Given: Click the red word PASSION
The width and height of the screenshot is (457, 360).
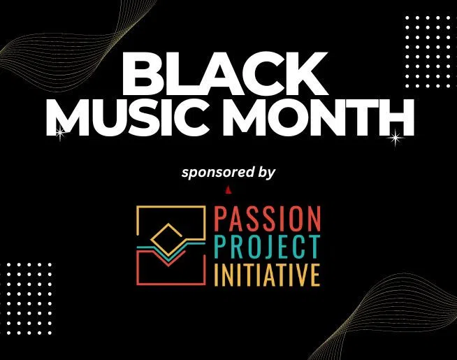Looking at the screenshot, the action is click(x=268, y=218).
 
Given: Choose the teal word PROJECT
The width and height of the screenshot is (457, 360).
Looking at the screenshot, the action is click(x=268, y=247).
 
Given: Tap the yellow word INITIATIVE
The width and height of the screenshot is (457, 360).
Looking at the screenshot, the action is click(x=267, y=274).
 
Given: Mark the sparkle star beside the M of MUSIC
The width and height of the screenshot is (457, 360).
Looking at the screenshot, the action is click(x=60, y=133).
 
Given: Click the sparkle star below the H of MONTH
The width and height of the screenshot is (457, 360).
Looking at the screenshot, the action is click(x=396, y=138).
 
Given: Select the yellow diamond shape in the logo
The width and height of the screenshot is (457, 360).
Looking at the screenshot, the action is click(x=166, y=238).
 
